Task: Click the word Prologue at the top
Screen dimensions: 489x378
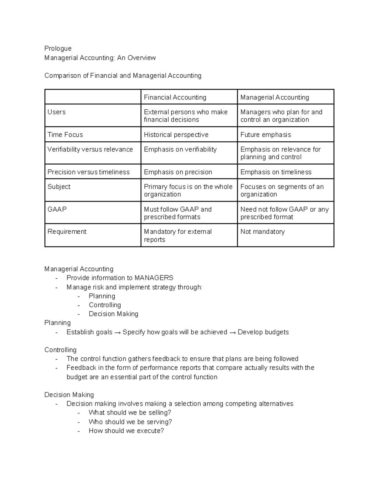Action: tap(58, 48)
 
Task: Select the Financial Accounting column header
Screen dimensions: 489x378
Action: tap(175, 97)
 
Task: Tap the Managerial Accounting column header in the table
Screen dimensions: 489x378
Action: tap(274, 97)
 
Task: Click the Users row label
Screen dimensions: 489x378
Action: tap(57, 112)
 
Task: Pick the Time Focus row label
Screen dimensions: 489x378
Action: tap(65, 135)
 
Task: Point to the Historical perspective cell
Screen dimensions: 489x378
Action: tap(176, 135)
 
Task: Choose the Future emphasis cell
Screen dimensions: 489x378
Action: tap(266, 135)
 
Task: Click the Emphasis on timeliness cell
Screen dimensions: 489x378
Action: tap(276, 172)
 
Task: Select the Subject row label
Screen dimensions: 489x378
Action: tap(59, 187)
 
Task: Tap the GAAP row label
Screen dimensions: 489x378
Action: tap(57, 209)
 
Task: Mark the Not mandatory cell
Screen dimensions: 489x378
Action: tap(262, 232)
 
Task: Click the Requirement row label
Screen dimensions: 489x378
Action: tap(67, 232)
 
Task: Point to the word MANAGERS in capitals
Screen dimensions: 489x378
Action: tap(154, 278)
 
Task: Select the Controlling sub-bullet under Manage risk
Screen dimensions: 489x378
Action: tap(105, 305)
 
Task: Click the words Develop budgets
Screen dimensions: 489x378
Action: tap(263, 332)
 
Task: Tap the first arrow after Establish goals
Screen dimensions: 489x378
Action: tap(117, 332)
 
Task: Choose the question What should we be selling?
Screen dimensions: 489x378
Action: tap(130, 412)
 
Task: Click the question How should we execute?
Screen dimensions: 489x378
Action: tap(126, 431)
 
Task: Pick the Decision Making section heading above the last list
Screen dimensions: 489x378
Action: tap(69, 395)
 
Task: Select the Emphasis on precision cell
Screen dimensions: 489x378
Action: tap(178, 172)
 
